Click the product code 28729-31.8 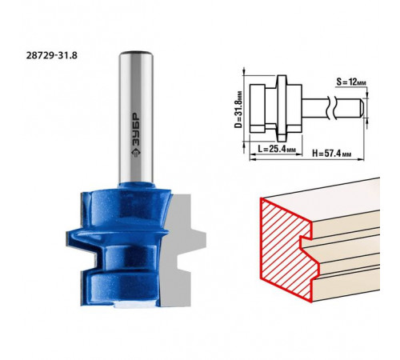[52, 55]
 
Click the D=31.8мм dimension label [238, 110]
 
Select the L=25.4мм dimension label [277, 149]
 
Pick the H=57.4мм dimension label [332, 154]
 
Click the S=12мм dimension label [351, 82]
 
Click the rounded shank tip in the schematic [362, 108]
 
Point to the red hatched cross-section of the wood [286, 248]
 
